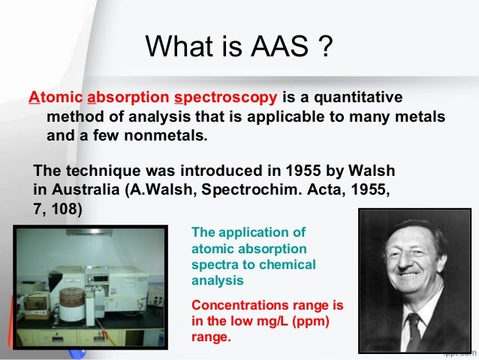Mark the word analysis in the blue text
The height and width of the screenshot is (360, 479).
pyautogui.click(x=218, y=281)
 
